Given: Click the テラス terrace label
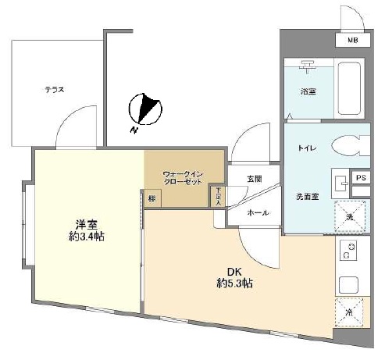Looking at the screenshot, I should tap(54, 90).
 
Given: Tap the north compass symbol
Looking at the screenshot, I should tap(144, 109).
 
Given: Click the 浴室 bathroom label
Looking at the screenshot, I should tap(308, 91).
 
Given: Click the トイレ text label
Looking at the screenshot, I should tap(306, 147).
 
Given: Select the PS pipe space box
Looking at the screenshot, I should tap(360, 178).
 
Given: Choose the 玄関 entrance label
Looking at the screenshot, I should tap(255, 179).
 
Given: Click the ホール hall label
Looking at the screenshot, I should tap(258, 212).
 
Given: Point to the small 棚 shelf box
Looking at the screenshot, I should tap(151, 198).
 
